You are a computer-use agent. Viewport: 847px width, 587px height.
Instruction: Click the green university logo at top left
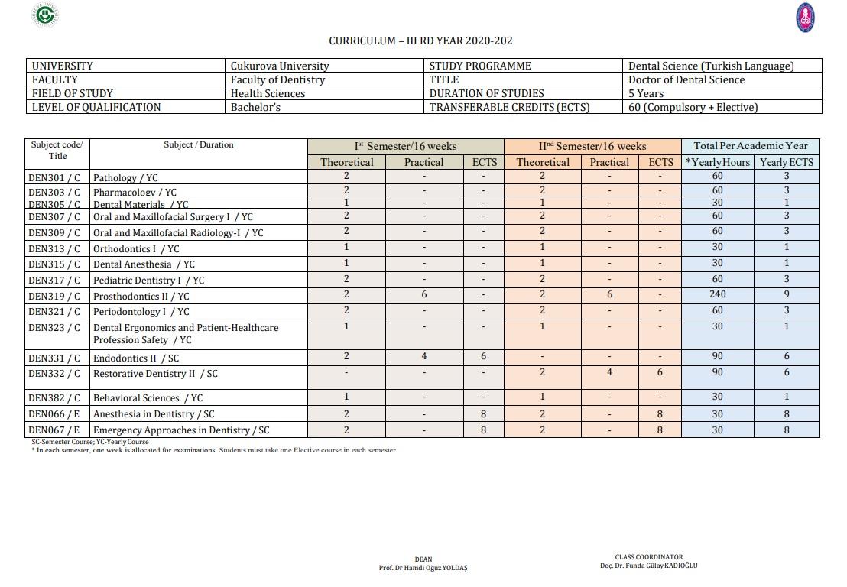click(x=47, y=15)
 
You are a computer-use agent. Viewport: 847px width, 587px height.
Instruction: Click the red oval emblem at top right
click(x=805, y=18)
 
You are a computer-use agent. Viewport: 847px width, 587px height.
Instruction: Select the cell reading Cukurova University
click(x=280, y=66)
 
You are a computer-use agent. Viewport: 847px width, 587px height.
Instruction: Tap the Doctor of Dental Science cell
click(x=686, y=79)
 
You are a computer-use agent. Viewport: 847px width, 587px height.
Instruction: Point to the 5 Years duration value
click(x=646, y=93)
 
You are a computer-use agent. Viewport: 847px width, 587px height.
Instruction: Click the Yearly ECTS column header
click(x=786, y=162)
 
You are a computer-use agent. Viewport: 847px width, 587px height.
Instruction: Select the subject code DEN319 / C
click(x=54, y=296)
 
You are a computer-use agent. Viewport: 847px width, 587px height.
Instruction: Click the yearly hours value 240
click(x=717, y=294)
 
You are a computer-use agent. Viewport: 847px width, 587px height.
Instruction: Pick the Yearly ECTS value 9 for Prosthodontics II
click(x=786, y=294)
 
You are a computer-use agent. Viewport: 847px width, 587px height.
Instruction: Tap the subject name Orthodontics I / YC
click(x=136, y=248)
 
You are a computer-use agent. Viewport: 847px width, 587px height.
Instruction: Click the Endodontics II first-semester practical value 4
click(x=423, y=356)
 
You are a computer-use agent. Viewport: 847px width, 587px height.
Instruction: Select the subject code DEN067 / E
click(x=54, y=430)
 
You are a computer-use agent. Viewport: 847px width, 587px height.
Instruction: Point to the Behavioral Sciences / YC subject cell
click(x=148, y=397)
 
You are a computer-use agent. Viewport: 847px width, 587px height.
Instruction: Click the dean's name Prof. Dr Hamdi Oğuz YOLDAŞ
click(x=423, y=568)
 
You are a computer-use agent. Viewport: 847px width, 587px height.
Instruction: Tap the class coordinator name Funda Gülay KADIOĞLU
click(x=648, y=566)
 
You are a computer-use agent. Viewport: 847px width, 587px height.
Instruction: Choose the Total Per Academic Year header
click(x=750, y=145)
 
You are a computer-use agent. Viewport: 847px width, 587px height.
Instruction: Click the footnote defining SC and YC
click(x=90, y=442)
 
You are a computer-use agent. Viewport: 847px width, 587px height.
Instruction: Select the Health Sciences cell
click(x=268, y=93)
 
